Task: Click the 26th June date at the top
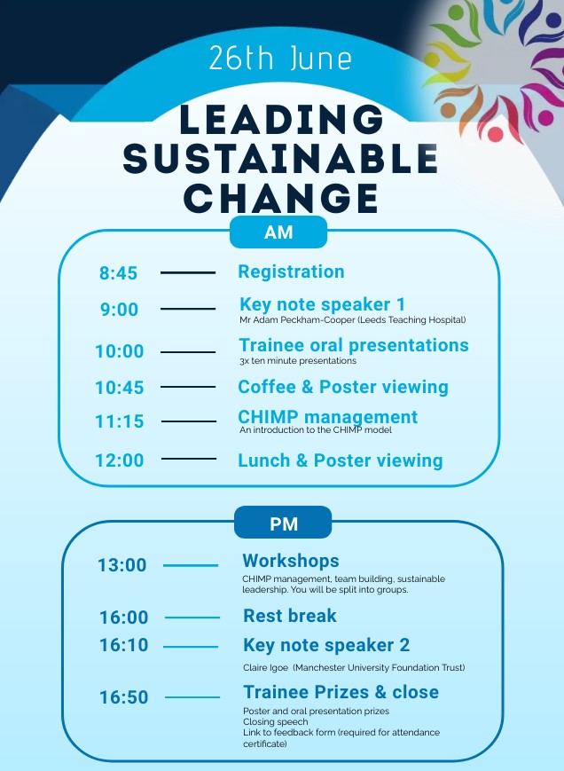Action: coord(280,58)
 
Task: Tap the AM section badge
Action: coord(278,232)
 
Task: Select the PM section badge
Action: coord(284,523)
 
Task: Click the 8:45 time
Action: coord(119,273)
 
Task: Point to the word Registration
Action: coord(292,271)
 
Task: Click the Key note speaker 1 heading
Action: coord(322,304)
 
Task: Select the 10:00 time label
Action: coord(120,351)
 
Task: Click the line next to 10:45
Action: coord(188,387)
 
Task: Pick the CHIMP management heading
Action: coord(328,417)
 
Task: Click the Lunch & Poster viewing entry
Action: coord(341,460)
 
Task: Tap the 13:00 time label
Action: coord(121,565)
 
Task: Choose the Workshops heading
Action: coord(291,561)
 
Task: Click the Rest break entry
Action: coord(290,616)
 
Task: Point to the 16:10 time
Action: coord(124,645)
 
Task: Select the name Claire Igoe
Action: coord(265,668)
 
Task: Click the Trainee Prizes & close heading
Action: coord(341,692)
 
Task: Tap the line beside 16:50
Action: coord(192,697)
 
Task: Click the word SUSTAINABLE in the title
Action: coord(280,159)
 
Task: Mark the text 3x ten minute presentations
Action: coord(298,361)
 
